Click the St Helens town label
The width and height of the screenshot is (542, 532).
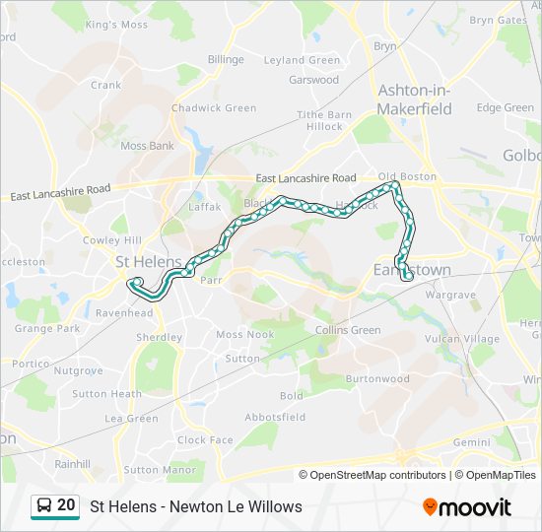click(149, 262)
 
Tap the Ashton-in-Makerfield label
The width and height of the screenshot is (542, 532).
click(415, 99)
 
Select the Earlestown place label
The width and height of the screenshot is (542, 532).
click(412, 269)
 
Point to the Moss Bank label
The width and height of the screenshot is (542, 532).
click(147, 146)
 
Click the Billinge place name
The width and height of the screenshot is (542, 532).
click(226, 59)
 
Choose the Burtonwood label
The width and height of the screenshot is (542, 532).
click(377, 378)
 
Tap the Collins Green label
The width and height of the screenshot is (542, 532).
click(348, 330)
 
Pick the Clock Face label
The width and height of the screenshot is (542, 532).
click(205, 440)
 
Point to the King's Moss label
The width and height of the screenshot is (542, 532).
click(115, 24)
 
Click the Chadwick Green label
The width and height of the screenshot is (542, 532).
click(214, 108)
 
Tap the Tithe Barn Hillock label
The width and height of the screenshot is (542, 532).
click(324, 120)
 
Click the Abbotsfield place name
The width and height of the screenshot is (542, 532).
click(275, 417)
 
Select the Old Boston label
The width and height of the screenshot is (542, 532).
click(407, 176)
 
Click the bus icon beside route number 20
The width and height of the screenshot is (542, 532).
click(43, 506)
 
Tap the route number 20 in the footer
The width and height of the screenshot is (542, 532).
click(66, 505)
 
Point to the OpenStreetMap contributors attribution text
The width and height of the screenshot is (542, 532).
click(378, 475)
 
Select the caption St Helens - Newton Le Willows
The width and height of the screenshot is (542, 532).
click(196, 506)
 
